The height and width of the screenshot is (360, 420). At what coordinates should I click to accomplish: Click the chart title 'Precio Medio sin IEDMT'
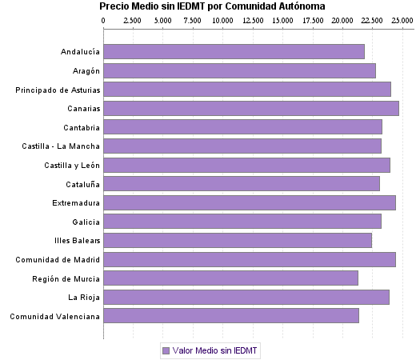[x=212, y=6]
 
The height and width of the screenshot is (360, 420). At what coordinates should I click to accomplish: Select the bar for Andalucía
[x=234, y=52]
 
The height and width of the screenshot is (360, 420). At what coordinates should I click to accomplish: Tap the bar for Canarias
[x=251, y=109]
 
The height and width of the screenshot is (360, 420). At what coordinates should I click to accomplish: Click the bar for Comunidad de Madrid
[x=250, y=259]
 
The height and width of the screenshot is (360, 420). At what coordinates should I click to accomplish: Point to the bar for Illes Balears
[x=238, y=240]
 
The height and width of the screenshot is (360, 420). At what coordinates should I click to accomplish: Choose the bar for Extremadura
[x=250, y=202]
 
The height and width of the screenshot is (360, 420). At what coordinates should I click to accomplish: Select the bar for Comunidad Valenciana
[x=231, y=316]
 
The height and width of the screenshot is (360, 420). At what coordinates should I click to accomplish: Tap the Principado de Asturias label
[x=58, y=90]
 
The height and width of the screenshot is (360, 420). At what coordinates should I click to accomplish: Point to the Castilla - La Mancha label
[x=62, y=146]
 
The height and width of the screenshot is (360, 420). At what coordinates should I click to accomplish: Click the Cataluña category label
[x=82, y=184]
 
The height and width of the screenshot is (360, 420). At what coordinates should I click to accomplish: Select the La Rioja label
[x=84, y=298]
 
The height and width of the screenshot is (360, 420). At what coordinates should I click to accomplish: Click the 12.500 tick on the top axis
[x=253, y=19]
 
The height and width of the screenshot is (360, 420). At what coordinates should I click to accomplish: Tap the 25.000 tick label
[x=402, y=19]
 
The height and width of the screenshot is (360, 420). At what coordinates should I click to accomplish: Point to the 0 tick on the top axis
[x=104, y=19]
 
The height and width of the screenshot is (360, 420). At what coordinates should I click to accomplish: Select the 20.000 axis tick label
[x=342, y=19]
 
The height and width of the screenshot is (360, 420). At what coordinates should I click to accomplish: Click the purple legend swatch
[x=166, y=350]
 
